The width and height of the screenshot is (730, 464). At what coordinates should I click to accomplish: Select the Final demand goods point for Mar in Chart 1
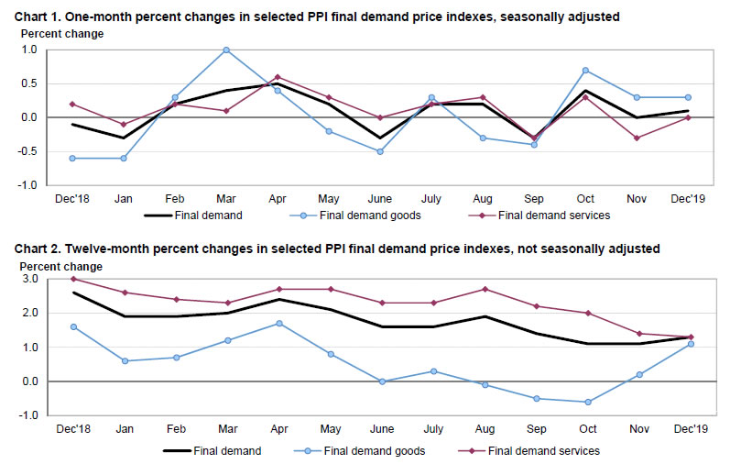click(x=226, y=50)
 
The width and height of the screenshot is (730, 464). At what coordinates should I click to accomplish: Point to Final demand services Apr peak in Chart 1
click(x=278, y=77)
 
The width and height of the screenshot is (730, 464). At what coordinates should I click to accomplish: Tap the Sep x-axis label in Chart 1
click(x=535, y=199)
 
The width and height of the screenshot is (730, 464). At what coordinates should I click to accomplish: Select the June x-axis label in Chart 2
click(x=381, y=429)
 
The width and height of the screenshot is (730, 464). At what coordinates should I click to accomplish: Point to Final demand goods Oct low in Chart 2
click(x=587, y=402)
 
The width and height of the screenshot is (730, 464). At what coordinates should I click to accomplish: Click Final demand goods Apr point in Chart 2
click(x=278, y=323)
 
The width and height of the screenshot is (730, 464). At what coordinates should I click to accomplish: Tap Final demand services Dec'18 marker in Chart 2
click(x=72, y=279)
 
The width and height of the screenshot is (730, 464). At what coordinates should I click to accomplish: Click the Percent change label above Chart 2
click(x=61, y=266)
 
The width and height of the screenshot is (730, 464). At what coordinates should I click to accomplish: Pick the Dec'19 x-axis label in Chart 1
click(x=689, y=199)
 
